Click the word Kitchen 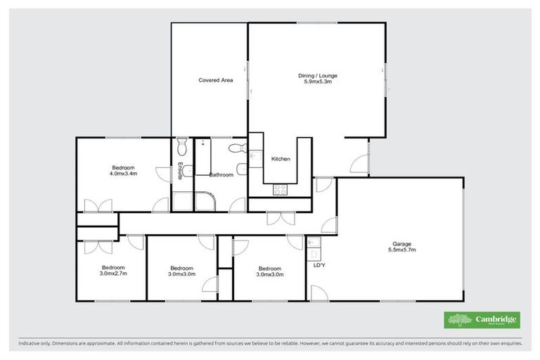click(x=281, y=159)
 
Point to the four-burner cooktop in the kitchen click(x=281, y=188)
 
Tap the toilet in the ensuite click(x=182, y=146)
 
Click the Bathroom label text click(x=220, y=174)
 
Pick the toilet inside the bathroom click(x=236, y=148)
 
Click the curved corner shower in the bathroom click(x=205, y=202)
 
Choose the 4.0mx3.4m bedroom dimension click(x=124, y=173)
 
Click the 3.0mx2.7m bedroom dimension click(x=113, y=274)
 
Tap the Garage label click(x=401, y=243)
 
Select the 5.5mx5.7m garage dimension click(x=401, y=250)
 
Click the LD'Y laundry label click(x=319, y=265)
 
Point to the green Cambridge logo click(x=482, y=319)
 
